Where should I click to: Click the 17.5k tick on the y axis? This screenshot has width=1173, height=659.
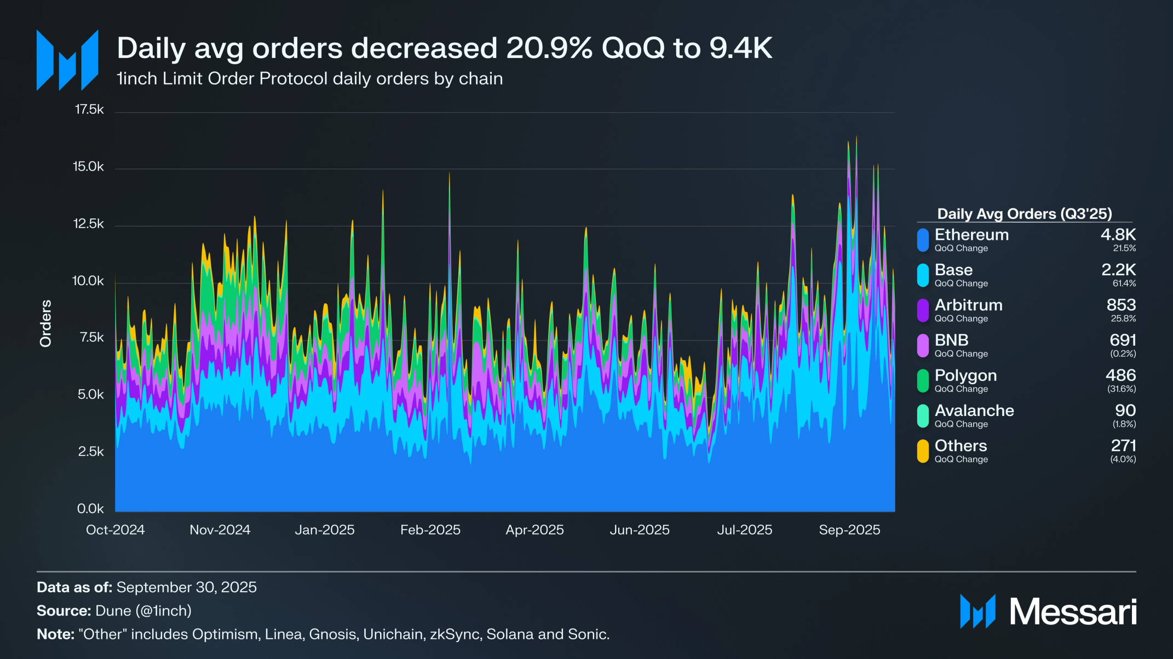[x=89, y=109]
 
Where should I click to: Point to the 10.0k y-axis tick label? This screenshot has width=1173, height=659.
[x=88, y=281]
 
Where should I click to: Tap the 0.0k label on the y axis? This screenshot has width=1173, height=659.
[x=90, y=508]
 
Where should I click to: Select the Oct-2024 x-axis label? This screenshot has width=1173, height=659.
[x=115, y=530]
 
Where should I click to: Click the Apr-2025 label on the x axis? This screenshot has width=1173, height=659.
[x=534, y=530]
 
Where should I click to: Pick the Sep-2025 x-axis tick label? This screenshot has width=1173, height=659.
[x=849, y=530]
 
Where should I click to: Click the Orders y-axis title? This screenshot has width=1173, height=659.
[x=45, y=323]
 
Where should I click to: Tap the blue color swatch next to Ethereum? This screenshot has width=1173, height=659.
[x=923, y=240]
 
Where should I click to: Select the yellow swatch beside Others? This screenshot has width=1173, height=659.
[x=923, y=451]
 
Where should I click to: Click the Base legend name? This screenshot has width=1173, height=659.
[x=953, y=270]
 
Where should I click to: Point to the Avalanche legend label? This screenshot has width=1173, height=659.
[x=974, y=411]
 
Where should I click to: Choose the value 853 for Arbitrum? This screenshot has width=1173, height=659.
[x=1121, y=305]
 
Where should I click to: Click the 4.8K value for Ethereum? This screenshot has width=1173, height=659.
[x=1118, y=235]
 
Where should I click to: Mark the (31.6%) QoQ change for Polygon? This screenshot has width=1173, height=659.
[x=1123, y=389]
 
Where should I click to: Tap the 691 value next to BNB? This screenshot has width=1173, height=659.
[x=1123, y=340]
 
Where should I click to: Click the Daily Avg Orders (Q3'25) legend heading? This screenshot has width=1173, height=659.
[x=1024, y=213]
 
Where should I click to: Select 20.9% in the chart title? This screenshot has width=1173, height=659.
[x=549, y=48]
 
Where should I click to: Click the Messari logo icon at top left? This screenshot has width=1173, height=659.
[x=67, y=60]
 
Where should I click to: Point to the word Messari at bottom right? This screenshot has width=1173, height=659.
[x=1073, y=611]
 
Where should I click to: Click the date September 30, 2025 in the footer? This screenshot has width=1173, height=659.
[x=186, y=587]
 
